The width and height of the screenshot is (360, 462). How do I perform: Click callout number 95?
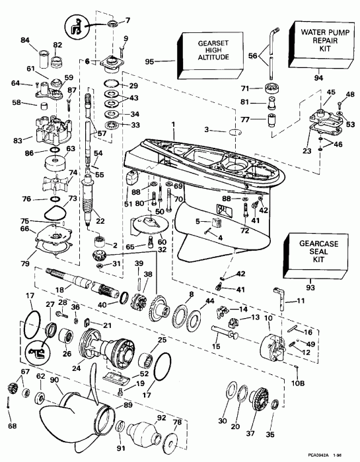click(149, 61)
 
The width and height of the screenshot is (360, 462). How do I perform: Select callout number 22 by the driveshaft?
click(101, 220)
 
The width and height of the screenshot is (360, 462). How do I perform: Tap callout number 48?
click(350, 94)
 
